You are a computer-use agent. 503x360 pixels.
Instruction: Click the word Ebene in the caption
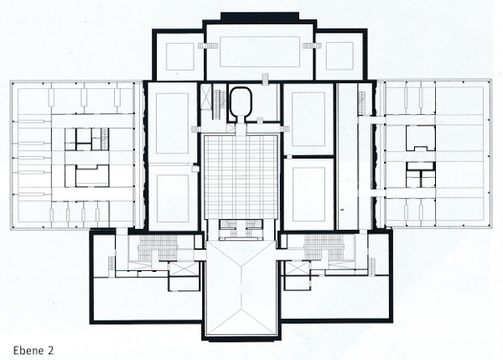29,350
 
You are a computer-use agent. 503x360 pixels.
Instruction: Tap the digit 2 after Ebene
50,350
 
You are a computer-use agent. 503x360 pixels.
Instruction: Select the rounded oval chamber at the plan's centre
241,102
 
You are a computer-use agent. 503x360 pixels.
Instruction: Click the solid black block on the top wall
260,17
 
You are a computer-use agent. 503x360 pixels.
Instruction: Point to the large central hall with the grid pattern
241,177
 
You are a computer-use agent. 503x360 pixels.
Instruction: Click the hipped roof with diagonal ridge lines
241,288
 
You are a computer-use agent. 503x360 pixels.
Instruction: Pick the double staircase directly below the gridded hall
241,229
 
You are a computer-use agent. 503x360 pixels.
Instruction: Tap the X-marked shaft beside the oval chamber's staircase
206,97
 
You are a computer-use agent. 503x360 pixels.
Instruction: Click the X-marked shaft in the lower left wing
184,269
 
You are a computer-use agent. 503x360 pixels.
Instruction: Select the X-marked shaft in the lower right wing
298,269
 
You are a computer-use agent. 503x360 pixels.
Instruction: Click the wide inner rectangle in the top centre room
260,51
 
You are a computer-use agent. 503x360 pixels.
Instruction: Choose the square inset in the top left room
180,56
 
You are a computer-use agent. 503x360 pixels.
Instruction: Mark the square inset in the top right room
340,56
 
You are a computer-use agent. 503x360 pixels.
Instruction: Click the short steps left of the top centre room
208,45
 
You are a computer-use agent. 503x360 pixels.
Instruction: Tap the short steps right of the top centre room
312,45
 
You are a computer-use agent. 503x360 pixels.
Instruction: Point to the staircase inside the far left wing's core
105,138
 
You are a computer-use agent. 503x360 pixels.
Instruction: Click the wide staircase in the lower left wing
158,248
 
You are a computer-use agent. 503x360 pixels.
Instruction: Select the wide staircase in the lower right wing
324,248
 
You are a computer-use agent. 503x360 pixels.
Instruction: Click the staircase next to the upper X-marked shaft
220,105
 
